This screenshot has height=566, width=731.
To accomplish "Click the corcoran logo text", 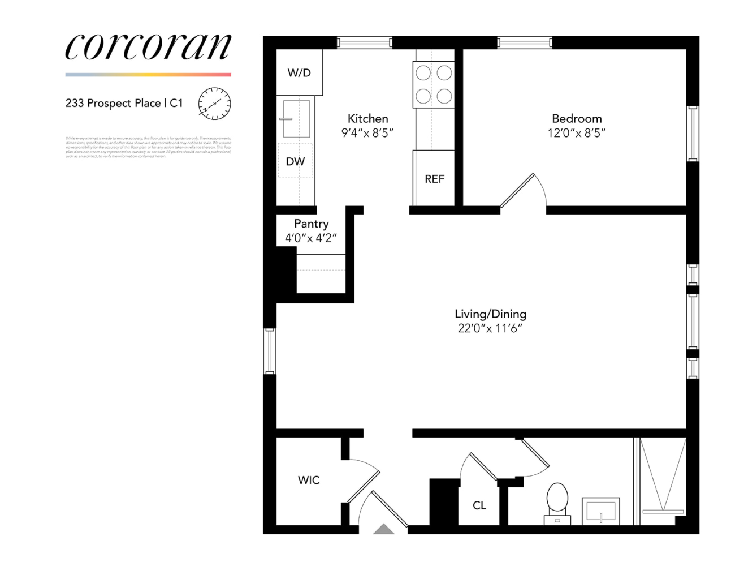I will (x=148, y=46).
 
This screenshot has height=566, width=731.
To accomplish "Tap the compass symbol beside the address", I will (x=214, y=104).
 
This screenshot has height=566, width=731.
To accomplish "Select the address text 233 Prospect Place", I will (x=113, y=103).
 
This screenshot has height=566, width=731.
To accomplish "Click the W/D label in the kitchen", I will (x=299, y=72).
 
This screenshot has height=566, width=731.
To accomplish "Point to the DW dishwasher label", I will (x=295, y=162).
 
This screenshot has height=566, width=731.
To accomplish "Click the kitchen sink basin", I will (x=296, y=119).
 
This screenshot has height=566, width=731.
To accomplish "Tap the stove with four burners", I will (x=434, y=84).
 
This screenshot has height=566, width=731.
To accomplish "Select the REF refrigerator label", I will (x=434, y=179).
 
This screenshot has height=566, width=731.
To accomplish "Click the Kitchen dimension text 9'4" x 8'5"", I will (x=367, y=133).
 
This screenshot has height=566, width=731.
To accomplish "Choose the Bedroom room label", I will (x=577, y=118).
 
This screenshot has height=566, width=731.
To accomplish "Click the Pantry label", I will (x=311, y=224).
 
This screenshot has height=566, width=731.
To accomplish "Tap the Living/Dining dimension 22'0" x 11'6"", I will (x=490, y=328).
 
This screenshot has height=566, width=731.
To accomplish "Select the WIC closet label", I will (x=309, y=480).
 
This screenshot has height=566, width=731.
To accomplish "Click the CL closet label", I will (x=479, y=505).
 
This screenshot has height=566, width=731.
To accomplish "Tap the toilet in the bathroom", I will (x=557, y=501).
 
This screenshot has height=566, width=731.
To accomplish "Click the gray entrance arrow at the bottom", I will (x=384, y=529).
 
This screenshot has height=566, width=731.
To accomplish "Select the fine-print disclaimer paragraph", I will (x=148, y=147).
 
